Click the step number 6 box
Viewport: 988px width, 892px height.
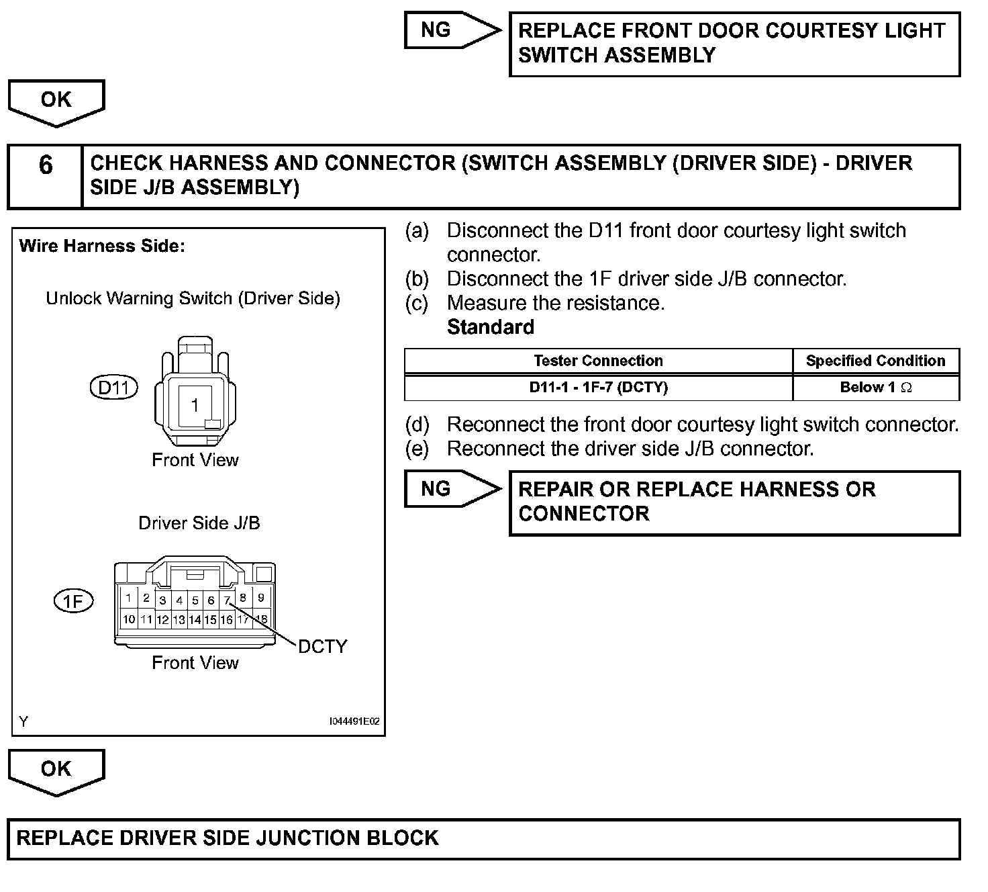click(45, 176)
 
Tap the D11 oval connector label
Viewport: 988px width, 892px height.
click(113, 388)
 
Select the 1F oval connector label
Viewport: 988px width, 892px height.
click(73, 600)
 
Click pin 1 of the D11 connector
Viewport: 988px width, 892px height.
click(195, 405)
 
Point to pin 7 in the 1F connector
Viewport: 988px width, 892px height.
click(228, 599)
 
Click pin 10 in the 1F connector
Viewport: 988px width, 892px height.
click(129, 619)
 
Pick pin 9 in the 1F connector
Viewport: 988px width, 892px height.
click(262, 597)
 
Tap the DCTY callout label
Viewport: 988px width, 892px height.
click(323, 646)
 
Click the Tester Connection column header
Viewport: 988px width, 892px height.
click(598, 361)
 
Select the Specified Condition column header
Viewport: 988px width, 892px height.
click(875, 361)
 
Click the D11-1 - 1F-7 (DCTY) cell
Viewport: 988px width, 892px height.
click(598, 387)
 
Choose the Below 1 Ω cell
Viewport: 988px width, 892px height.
click(875, 387)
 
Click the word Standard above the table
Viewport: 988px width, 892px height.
click(491, 327)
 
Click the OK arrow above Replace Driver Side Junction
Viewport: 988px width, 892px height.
click(56, 771)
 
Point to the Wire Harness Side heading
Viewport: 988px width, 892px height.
click(102, 246)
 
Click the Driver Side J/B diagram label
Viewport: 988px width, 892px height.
click(199, 523)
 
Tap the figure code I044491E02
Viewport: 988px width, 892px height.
click(354, 721)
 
